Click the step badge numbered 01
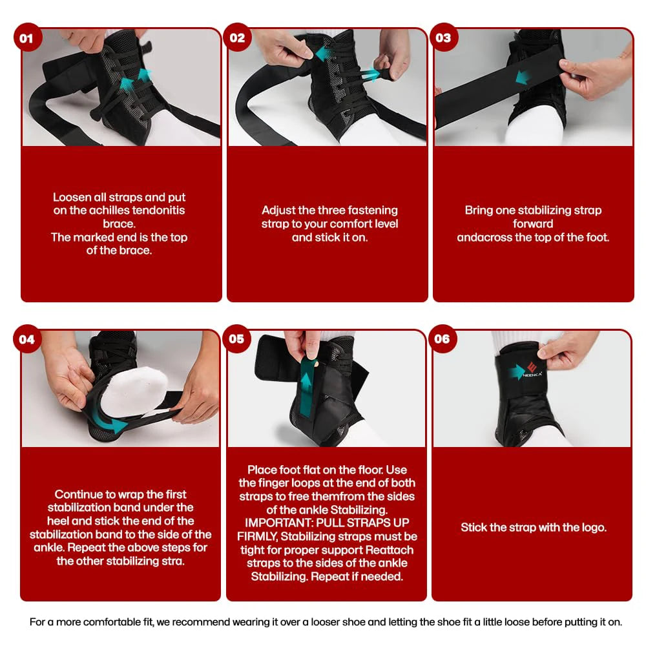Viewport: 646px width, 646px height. pos(26,37)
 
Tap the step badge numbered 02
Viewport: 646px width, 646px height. pos(237,37)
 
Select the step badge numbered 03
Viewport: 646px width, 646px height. pos(443,37)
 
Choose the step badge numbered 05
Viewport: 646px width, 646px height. pos(237,339)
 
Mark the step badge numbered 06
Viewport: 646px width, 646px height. pos(443,339)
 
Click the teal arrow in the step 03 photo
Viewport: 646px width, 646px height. pos(524,78)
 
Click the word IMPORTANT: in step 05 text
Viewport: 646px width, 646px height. pos(272,522)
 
